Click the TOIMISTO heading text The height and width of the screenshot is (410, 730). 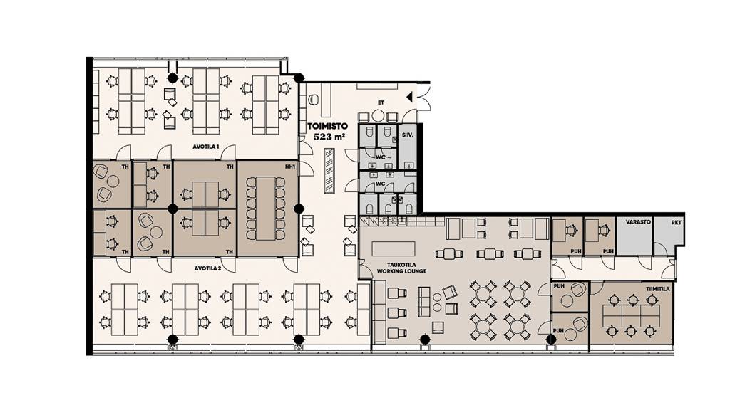pos(327,126)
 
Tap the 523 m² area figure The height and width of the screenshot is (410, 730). pos(329,137)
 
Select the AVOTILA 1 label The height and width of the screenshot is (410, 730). pos(206,147)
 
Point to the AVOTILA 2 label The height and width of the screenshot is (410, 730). pos(207,268)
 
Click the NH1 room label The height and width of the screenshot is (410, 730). pos(291,167)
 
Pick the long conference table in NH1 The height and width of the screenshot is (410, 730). pos(265,209)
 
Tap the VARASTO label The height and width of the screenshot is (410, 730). pos(638,222)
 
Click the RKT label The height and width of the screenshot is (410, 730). pos(676,223)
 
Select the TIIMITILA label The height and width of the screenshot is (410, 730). pos(658,289)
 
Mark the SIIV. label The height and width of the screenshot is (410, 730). pos(407,135)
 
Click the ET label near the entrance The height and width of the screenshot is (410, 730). pos(381,102)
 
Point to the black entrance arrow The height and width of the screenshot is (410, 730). pos(410,97)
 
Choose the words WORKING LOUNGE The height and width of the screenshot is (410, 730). pos(401,271)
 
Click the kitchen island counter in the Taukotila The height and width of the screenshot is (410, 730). pos(394,248)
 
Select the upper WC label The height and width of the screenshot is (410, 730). pos(381,157)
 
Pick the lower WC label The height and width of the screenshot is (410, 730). pos(381,184)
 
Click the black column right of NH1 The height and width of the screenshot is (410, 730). pos(299,209)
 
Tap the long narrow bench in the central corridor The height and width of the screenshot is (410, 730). pos(329,170)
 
